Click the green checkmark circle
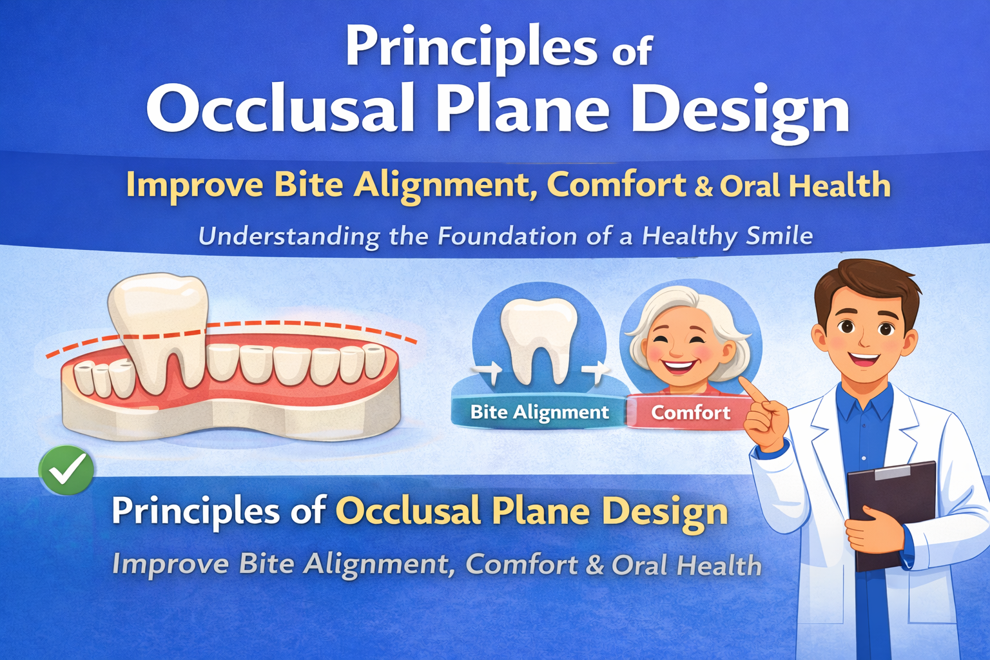click(x=66, y=471)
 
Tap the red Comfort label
click(x=690, y=412)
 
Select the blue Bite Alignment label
click(x=539, y=412)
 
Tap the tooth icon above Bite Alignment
click(x=539, y=338)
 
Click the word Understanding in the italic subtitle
click(x=289, y=237)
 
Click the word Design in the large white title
click(x=739, y=110)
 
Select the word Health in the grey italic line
click(x=719, y=565)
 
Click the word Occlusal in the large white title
click(x=280, y=110)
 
